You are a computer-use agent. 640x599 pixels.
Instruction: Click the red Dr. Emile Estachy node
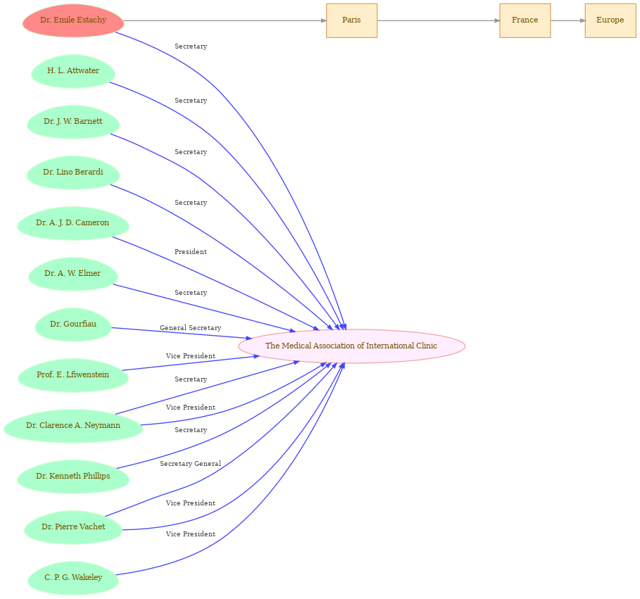coord(73,20)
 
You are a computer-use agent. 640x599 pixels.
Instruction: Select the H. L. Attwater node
coord(73,71)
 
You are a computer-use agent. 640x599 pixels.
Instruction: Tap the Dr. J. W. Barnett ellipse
coord(73,122)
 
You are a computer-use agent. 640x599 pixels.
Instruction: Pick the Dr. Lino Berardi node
coord(73,172)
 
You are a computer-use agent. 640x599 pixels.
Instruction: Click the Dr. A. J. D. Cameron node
coord(73,223)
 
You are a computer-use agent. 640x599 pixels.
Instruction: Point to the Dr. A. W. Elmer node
coord(73,273)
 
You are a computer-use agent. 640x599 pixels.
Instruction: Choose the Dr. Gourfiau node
coord(73,324)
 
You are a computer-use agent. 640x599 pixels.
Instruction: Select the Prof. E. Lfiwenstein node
coord(73,374)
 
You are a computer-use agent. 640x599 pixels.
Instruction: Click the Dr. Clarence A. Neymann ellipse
coord(73,425)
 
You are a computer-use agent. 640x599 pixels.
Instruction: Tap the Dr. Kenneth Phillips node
coord(73,476)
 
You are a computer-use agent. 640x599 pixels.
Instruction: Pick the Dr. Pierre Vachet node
coord(73,527)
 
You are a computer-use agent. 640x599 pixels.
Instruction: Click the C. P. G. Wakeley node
coord(73,577)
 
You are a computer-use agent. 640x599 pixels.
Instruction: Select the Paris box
coord(352,20)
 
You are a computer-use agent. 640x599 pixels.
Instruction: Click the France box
coord(525,20)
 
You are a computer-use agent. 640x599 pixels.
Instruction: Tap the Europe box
coord(610,20)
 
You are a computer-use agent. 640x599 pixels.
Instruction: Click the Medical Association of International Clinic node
coord(351,346)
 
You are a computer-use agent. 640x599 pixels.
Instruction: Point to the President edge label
coord(191,252)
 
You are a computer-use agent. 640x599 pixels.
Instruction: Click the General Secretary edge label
coord(191,327)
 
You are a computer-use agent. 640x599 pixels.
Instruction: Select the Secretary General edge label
coord(191,464)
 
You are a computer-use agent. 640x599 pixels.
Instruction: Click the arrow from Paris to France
coord(439,20)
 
